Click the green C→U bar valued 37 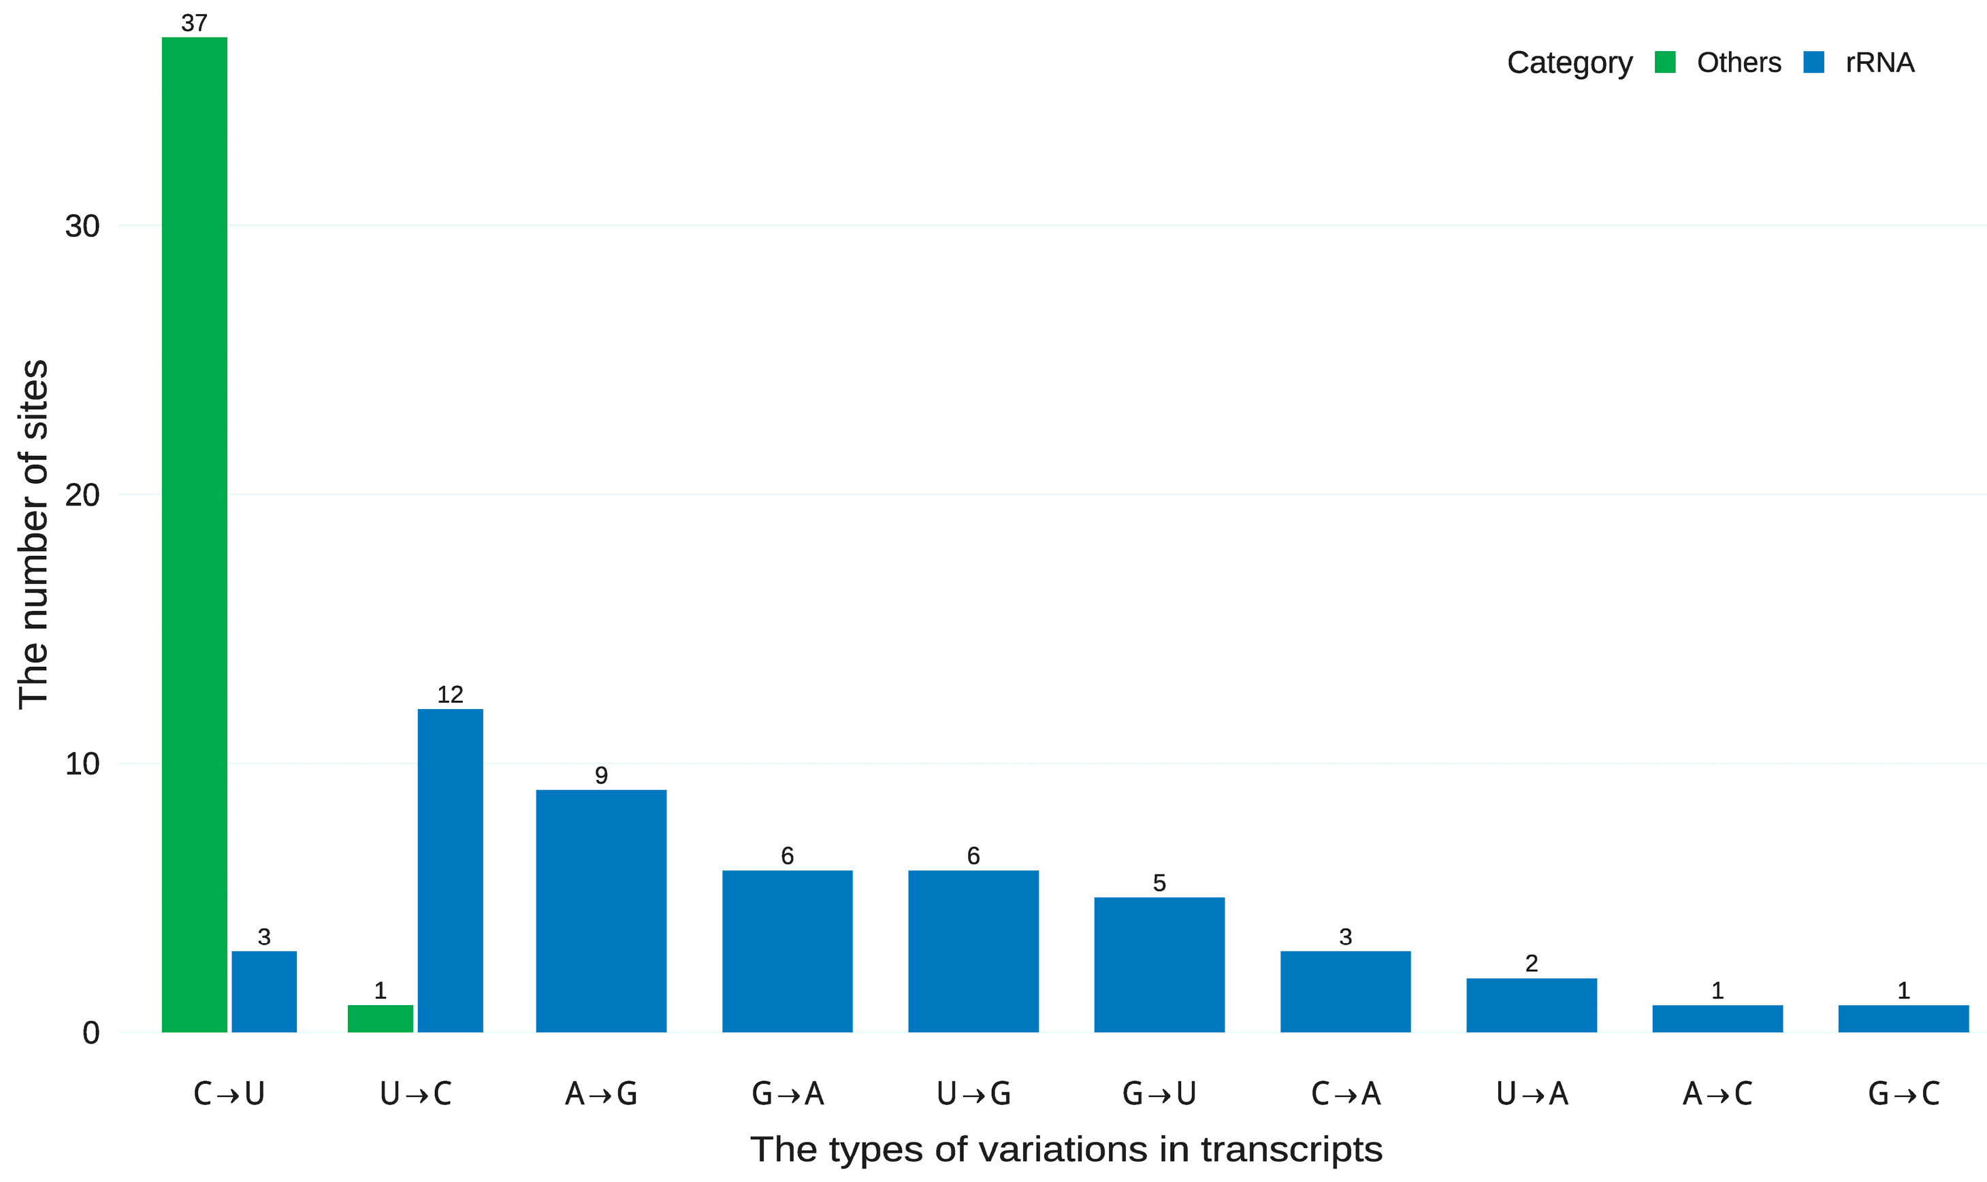point(195,533)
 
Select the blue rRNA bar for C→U point(263,991)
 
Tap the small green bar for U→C point(380,1018)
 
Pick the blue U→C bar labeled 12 point(450,870)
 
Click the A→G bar point(600,910)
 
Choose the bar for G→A point(787,951)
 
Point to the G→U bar point(1159,964)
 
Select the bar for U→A point(1532,1004)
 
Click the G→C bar point(1903,1018)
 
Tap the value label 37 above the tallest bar point(195,23)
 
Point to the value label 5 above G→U point(1159,883)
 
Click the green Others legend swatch point(1665,62)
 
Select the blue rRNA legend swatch point(1814,62)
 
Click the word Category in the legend point(1570,62)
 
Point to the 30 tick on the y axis point(82,226)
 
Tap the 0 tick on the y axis point(91,1033)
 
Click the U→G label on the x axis point(973,1094)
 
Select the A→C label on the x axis point(1717,1094)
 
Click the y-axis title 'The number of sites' point(33,533)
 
